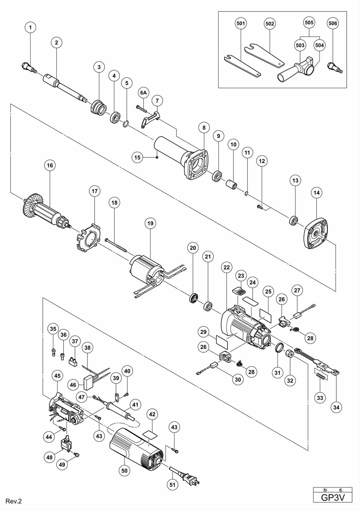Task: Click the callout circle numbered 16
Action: pos(50,165)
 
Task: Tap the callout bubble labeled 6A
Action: pos(144,93)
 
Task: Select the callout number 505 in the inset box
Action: pos(309,23)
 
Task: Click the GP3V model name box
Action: pos(333,497)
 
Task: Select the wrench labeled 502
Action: pos(264,54)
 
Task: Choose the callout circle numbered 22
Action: pos(227,267)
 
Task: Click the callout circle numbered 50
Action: pos(124,471)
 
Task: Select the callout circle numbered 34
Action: pos(336,407)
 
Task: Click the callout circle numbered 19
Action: pos(150,223)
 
